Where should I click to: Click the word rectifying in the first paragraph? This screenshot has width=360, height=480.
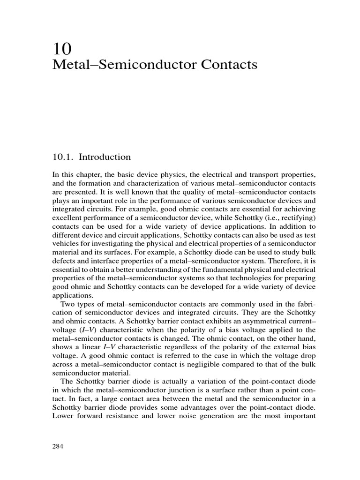[x=289, y=218]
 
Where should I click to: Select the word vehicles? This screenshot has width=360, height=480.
[x=66, y=244]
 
